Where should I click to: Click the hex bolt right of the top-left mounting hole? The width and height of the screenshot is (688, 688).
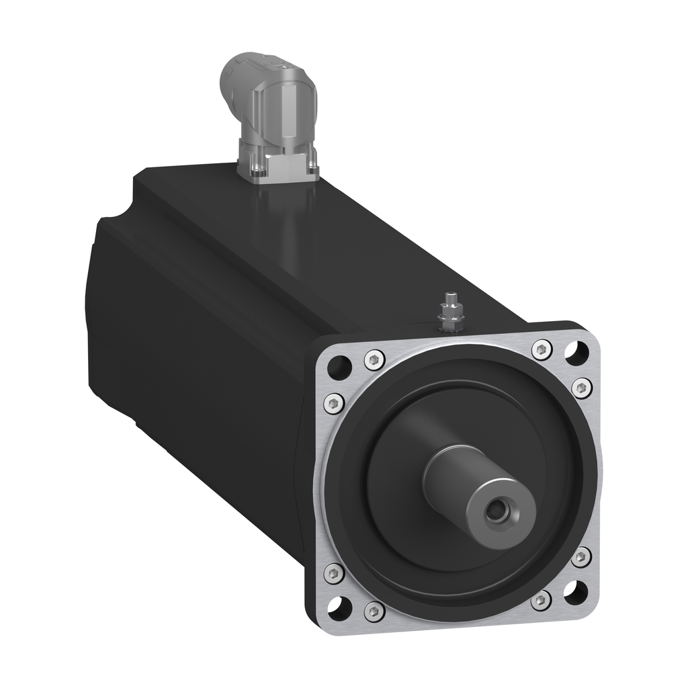pyautogui.click(x=374, y=359)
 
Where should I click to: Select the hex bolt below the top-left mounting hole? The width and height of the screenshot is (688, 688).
pyautogui.click(x=333, y=403)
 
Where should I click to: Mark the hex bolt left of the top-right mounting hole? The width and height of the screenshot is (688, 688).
pyautogui.click(x=542, y=349)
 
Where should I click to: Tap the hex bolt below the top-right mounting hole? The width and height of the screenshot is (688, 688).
pyautogui.click(x=582, y=388)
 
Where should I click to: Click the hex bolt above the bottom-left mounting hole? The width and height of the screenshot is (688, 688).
pyautogui.click(x=334, y=573)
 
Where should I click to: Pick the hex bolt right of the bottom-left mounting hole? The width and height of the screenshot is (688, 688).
pyautogui.click(x=374, y=611)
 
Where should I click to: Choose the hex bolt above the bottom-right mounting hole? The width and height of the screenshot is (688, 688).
pyautogui.click(x=581, y=557)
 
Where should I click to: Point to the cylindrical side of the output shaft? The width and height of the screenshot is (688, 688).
pyautogui.click(x=457, y=470)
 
